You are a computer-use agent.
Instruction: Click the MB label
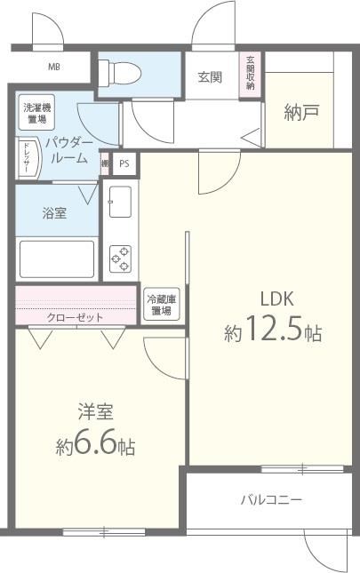pyautogui.click(x=54, y=66)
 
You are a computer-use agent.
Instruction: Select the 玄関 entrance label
pyautogui.click(x=210, y=76)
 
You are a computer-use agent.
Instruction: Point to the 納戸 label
pyautogui.click(x=301, y=112)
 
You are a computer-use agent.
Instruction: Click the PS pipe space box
pyautogui.click(x=124, y=163)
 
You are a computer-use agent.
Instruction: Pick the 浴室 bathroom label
pyautogui.click(x=55, y=213)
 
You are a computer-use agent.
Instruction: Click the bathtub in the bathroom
pyautogui.click(x=57, y=259)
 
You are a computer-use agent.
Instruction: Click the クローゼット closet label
pyautogui.click(x=76, y=317)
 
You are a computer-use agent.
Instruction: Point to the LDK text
pyautogui.click(x=276, y=298)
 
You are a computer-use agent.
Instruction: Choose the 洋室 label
pyautogui.click(x=94, y=412)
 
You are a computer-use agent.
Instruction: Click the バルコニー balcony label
pyautogui.click(x=271, y=500)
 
